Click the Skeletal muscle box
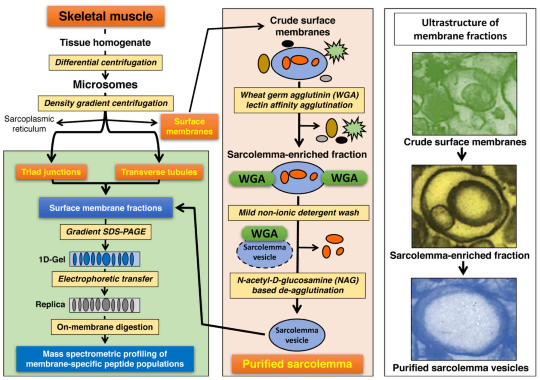(x=106, y=16)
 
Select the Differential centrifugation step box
(x=106, y=62)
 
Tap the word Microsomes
(x=105, y=85)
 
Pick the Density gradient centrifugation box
(x=106, y=103)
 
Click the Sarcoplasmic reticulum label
(x=29, y=124)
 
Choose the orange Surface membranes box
(x=189, y=126)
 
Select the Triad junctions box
(x=51, y=172)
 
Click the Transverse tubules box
(x=159, y=172)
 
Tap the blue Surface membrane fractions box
(x=106, y=208)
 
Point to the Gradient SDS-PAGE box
(x=106, y=232)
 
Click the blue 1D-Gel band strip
(x=105, y=259)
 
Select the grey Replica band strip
(x=105, y=305)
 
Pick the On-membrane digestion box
(x=105, y=327)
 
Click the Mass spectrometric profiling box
(x=105, y=359)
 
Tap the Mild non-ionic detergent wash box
(x=298, y=213)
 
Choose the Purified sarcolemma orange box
(x=297, y=364)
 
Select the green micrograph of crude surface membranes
(x=464, y=94)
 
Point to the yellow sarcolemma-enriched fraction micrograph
(x=464, y=206)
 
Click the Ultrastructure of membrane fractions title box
(x=460, y=29)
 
